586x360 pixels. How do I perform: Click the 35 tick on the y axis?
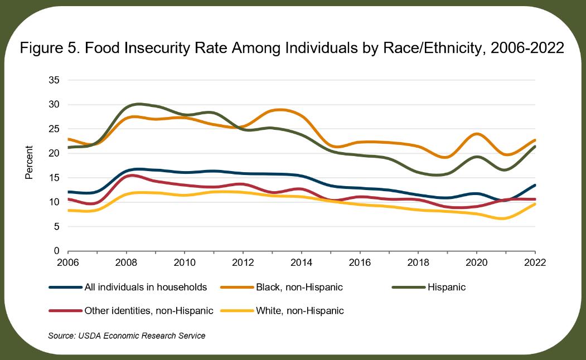click(54, 80)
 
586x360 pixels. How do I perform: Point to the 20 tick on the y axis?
click(54, 153)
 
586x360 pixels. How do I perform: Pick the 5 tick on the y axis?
click(56, 226)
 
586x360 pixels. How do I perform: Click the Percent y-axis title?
click(29, 163)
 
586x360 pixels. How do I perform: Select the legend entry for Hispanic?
click(446, 288)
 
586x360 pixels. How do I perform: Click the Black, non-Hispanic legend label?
click(299, 288)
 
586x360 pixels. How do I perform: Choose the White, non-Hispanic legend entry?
click(300, 311)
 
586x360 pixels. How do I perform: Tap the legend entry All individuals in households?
click(145, 288)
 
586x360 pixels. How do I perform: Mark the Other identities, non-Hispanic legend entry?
click(148, 311)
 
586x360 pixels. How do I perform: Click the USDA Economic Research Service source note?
click(127, 335)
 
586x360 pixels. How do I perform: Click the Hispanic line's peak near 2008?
click(138, 104)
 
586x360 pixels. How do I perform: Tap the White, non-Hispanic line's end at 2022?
click(535, 204)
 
